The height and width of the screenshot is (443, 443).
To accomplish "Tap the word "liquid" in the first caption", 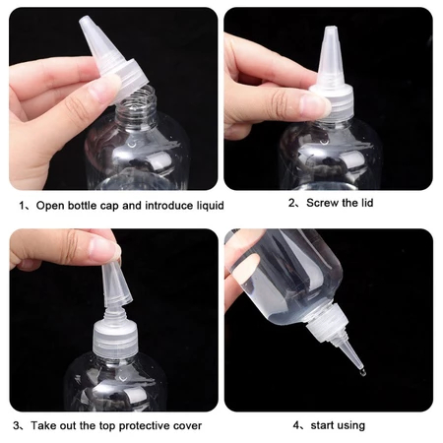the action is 211,206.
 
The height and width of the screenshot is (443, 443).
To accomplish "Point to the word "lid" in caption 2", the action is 367,203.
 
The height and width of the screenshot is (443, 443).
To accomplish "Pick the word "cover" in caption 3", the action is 187,426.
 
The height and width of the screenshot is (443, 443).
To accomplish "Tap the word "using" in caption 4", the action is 350,426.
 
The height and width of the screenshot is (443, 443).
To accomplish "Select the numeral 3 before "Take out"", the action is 16,426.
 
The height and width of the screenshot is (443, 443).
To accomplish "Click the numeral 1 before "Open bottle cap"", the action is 22,206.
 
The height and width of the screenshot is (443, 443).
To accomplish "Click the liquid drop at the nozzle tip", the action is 361,372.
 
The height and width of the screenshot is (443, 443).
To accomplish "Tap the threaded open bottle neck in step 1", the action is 136,105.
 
